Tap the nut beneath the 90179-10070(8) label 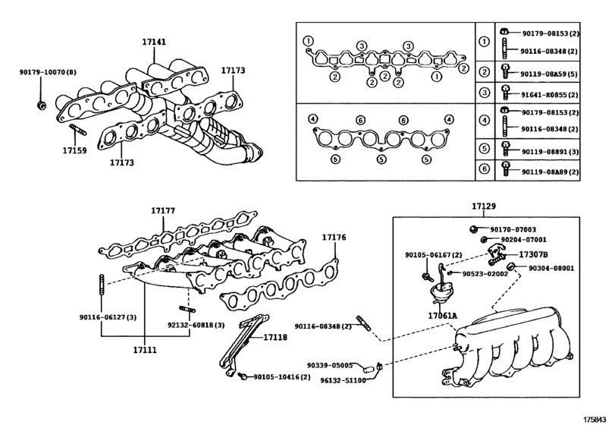click(42, 102)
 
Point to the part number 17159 click(75, 150)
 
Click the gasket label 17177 click(163, 209)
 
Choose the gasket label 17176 click(334, 238)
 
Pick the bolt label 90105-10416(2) click(281, 377)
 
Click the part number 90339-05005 click(331, 365)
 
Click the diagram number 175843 click(596, 417)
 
